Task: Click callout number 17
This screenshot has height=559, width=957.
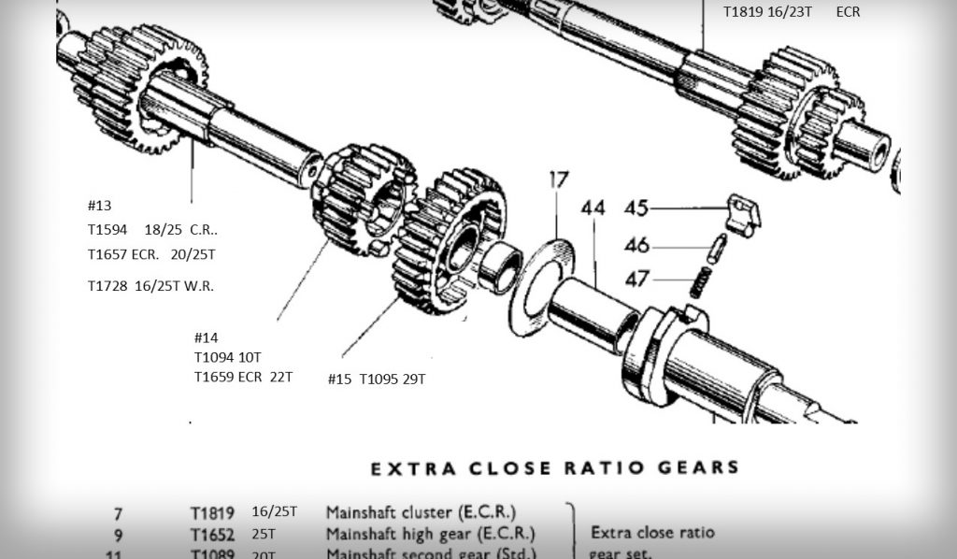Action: pos(558,179)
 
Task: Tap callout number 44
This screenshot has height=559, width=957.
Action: pos(593,207)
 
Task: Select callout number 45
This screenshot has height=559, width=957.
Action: pos(636,208)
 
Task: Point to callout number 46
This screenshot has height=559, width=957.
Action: pos(636,246)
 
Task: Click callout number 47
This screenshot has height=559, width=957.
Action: pos(636,279)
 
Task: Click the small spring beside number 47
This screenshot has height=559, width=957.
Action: pos(700,281)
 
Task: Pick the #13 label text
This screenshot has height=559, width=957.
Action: pos(99,206)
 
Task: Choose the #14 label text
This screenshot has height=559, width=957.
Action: pos(206,337)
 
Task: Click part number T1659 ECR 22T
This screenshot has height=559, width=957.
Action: pos(243,377)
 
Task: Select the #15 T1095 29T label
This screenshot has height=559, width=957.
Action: pos(377,379)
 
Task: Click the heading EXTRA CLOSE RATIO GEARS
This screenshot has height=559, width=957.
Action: pos(555,468)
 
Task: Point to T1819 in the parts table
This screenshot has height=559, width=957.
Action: pos(212,512)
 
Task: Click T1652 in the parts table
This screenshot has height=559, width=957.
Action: pos(212,534)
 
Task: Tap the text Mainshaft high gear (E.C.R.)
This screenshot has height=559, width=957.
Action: pos(430,534)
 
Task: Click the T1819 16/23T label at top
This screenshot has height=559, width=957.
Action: pos(766,12)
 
